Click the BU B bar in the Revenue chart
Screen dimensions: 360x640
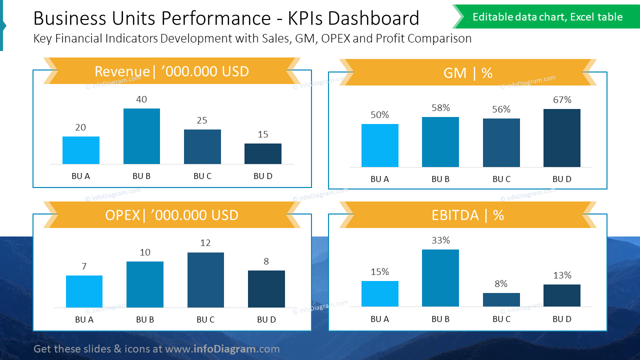(141, 136)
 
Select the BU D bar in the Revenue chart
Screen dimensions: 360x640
(263, 153)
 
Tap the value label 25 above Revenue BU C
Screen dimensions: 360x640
(202, 120)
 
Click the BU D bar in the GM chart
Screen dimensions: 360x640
(562, 138)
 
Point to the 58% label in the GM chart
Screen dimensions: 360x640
(440, 108)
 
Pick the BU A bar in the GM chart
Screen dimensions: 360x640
(380, 145)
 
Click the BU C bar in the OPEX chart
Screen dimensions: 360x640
(205, 280)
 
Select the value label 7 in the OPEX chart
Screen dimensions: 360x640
(84, 266)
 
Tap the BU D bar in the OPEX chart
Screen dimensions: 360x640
(266, 289)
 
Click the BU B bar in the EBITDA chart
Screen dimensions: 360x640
(440, 278)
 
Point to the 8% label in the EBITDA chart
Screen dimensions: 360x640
(501, 284)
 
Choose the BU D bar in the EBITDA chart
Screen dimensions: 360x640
(562, 295)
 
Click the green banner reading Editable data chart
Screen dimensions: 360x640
(547, 17)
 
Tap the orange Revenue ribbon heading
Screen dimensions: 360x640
(171, 71)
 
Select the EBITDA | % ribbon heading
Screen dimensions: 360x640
(467, 215)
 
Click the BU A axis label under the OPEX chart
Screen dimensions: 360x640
(84, 319)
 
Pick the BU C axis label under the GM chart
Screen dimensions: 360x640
(501, 179)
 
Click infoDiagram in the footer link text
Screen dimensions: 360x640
(224, 349)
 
